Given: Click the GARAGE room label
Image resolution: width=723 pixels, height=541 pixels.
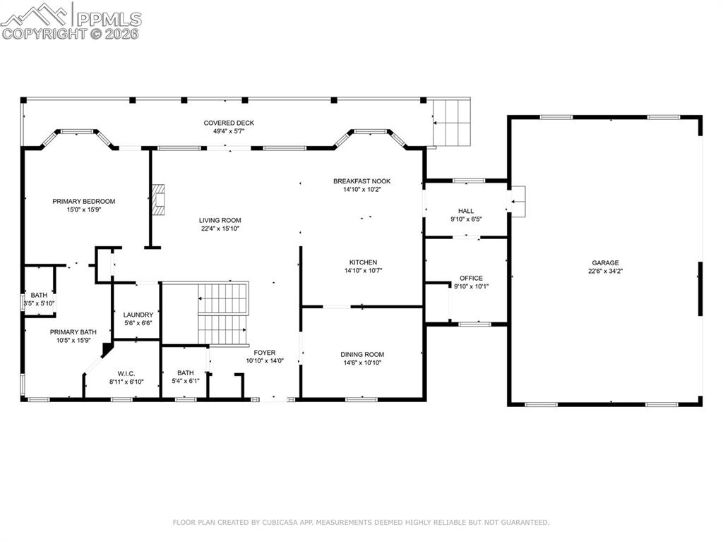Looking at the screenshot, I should tap(605, 262).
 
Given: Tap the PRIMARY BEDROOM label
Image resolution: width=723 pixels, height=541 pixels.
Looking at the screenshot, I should tap(83, 201).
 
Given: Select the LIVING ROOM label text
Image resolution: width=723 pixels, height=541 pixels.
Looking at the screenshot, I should tap(220, 220).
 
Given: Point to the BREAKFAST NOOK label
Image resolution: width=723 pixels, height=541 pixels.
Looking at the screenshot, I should tap(361, 181).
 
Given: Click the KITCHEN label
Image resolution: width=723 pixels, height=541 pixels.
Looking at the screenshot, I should tap(361, 262).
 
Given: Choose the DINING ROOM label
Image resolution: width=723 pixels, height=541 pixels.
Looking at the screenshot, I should tap(362, 355).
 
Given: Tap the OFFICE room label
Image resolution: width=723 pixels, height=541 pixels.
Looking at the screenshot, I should tap(471, 278).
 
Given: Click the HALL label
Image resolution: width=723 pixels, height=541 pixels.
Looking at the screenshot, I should tap(466, 211).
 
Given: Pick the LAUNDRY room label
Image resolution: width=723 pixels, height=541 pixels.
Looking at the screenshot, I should tap(138, 315).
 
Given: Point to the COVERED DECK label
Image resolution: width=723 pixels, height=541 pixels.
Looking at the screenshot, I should tap(229, 123).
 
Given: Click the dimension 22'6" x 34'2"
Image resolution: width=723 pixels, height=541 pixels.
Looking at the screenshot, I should tap(605, 271).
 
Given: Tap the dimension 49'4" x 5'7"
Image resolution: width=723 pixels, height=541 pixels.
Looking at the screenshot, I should tap(229, 131).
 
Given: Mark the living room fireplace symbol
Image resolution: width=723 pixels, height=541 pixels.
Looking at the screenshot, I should tap(160, 200).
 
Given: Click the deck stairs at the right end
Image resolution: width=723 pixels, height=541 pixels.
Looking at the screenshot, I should tap(451, 123).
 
